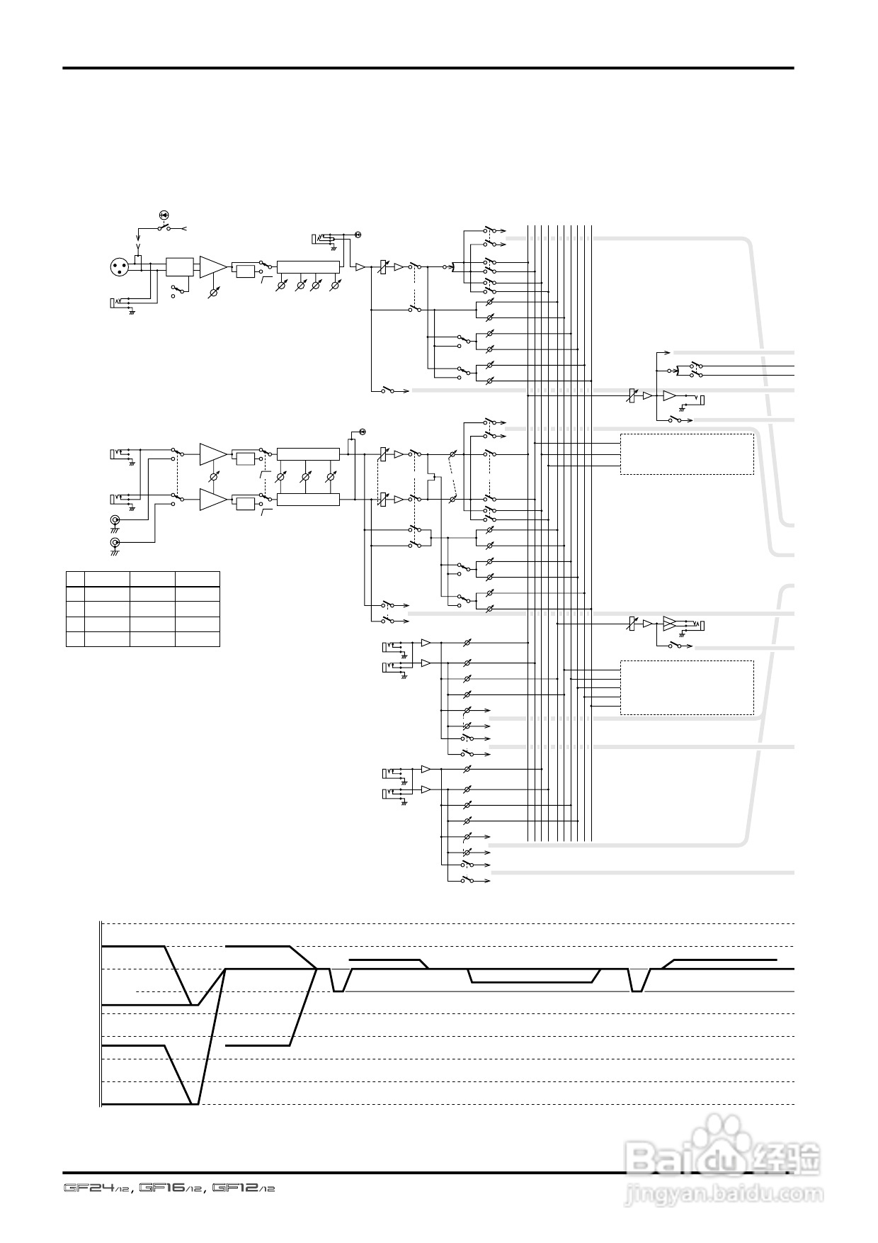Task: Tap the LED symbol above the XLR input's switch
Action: [164, 214]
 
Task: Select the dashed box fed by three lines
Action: [687, 454]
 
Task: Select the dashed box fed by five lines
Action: [687, 687]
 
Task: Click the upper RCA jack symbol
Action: [114, 522]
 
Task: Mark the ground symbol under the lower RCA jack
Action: [114, 553]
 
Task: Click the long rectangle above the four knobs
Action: [308, 266]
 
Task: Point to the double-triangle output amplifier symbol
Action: [669, 624]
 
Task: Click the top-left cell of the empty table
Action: [75, 578]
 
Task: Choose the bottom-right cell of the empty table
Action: [198, 639]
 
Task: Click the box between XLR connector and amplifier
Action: [178, 266]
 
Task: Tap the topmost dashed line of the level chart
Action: [446, 923]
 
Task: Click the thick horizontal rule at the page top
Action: [428, 68]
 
